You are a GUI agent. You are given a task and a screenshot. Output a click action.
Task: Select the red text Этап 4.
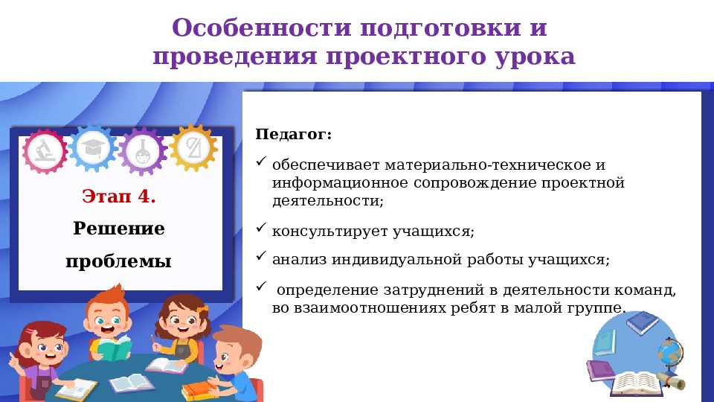pyautogui.click(x=120, y=197)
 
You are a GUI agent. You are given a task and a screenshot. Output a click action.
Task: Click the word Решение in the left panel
pyautogui.click(x=119, y=229)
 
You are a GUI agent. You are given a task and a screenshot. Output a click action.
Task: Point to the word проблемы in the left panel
pyautogui.click(x=119, y=261)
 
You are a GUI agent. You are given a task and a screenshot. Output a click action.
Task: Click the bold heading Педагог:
pyautogui.click(x=294, y=135)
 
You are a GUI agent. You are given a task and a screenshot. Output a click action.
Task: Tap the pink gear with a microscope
pyautogui.click(x=45, y=151)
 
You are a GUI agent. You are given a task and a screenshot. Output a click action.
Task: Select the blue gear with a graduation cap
pyautogui.click(x=93, y=147)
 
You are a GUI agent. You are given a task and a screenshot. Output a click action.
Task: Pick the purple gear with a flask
pyautogui.click(x=141, y=151)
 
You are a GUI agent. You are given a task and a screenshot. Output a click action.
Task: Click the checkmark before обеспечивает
pyautogui.click(x=260, y=162)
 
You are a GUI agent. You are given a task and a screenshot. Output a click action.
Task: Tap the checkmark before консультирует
pyautogui.click(x=260, y=228)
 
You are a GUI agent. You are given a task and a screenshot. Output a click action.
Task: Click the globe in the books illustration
pyautogui.click(x=669, y=351)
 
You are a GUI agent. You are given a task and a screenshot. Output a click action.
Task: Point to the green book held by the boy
pyautogui.click(x=114, y=348)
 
